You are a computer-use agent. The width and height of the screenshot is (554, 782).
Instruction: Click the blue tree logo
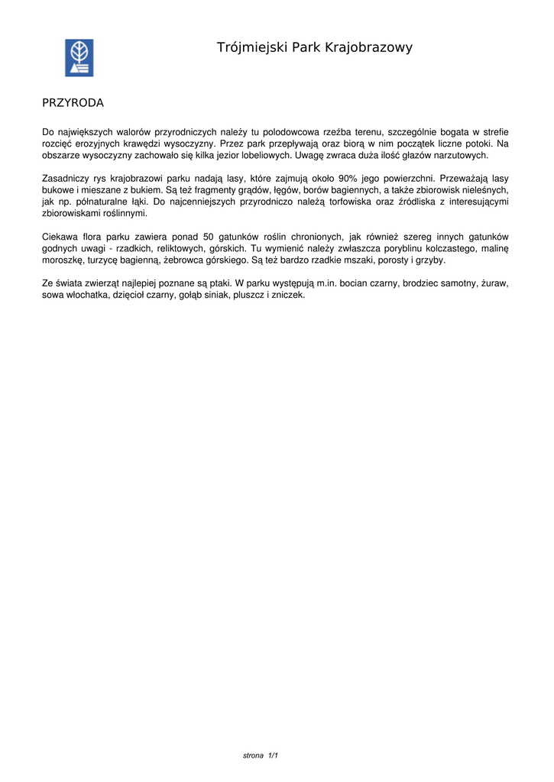pyautogui.click(x=78, y=58)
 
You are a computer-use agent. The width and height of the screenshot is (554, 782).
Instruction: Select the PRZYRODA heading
pyautogui.click(x=73, y=102)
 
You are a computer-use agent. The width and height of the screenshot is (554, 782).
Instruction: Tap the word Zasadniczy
pyautogui.click(x=64, y=179)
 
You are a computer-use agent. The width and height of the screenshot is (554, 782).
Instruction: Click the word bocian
pyautogui.click(x=353, y=283)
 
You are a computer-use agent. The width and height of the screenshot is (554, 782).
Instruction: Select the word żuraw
pyautogui.click(x=495, y=283)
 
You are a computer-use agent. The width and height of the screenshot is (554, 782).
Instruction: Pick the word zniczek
pyautogui.click(x=288, y=295)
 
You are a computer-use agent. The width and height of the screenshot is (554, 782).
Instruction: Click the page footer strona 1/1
pyautogui.click(x=260, y=756)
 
